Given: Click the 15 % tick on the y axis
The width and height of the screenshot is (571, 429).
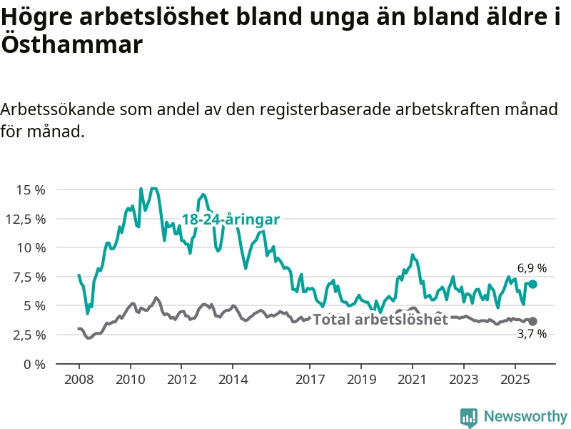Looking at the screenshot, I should [31, 189].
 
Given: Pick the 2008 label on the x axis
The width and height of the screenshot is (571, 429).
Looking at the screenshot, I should [79, 378].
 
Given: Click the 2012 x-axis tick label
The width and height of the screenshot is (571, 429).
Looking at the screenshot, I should [181, 378].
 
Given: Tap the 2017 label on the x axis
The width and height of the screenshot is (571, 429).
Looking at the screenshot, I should [310, 378].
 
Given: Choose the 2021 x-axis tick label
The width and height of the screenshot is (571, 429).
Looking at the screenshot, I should [413, 378].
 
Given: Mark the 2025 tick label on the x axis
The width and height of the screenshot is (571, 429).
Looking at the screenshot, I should [515, 378].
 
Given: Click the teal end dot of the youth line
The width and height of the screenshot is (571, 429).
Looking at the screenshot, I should [532, 284].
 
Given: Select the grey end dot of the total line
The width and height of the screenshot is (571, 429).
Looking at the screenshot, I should [532, 321].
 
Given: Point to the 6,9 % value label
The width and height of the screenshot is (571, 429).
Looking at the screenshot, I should [532, 268].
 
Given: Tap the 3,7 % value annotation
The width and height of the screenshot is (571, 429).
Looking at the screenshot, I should [532, 334].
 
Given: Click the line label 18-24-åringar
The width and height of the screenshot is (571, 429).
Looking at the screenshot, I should [230, 220].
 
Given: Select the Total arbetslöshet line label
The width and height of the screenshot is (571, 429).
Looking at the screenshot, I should [380, 320].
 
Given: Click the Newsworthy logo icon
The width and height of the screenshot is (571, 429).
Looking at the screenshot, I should [469, 417].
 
